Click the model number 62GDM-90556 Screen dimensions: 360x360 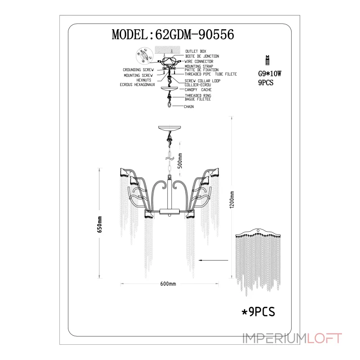[x=195, y=35]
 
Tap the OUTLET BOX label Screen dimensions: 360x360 [x=196, y=51]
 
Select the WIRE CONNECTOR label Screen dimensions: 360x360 [x=199, y=61]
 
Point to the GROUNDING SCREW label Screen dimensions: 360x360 [x=138, y=70]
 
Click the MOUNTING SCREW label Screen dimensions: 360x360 [x=138, y=75]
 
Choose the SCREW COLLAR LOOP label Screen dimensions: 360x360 [x=202, y=81]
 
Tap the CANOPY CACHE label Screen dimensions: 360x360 [x=198, y=90]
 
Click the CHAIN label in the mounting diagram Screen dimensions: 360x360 [x=189, y=107]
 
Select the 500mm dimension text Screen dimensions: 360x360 [x=180, y=161]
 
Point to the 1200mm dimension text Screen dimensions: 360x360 [x=232, y=199]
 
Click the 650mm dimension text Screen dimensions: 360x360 [x=99, y=224]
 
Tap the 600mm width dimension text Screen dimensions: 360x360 [x=168, y=284]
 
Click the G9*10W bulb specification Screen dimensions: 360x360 [x=270, y=74]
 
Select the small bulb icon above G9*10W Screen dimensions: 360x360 [x=267, y=60]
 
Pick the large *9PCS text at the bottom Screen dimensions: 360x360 [x=258, y=312]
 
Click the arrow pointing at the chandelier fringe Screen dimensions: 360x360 [x=213, y=261]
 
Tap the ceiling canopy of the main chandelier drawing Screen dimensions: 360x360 [x=170, y=129]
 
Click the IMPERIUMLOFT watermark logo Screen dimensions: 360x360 [x=292, y=338]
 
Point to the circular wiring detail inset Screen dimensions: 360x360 [x=144, y=56]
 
